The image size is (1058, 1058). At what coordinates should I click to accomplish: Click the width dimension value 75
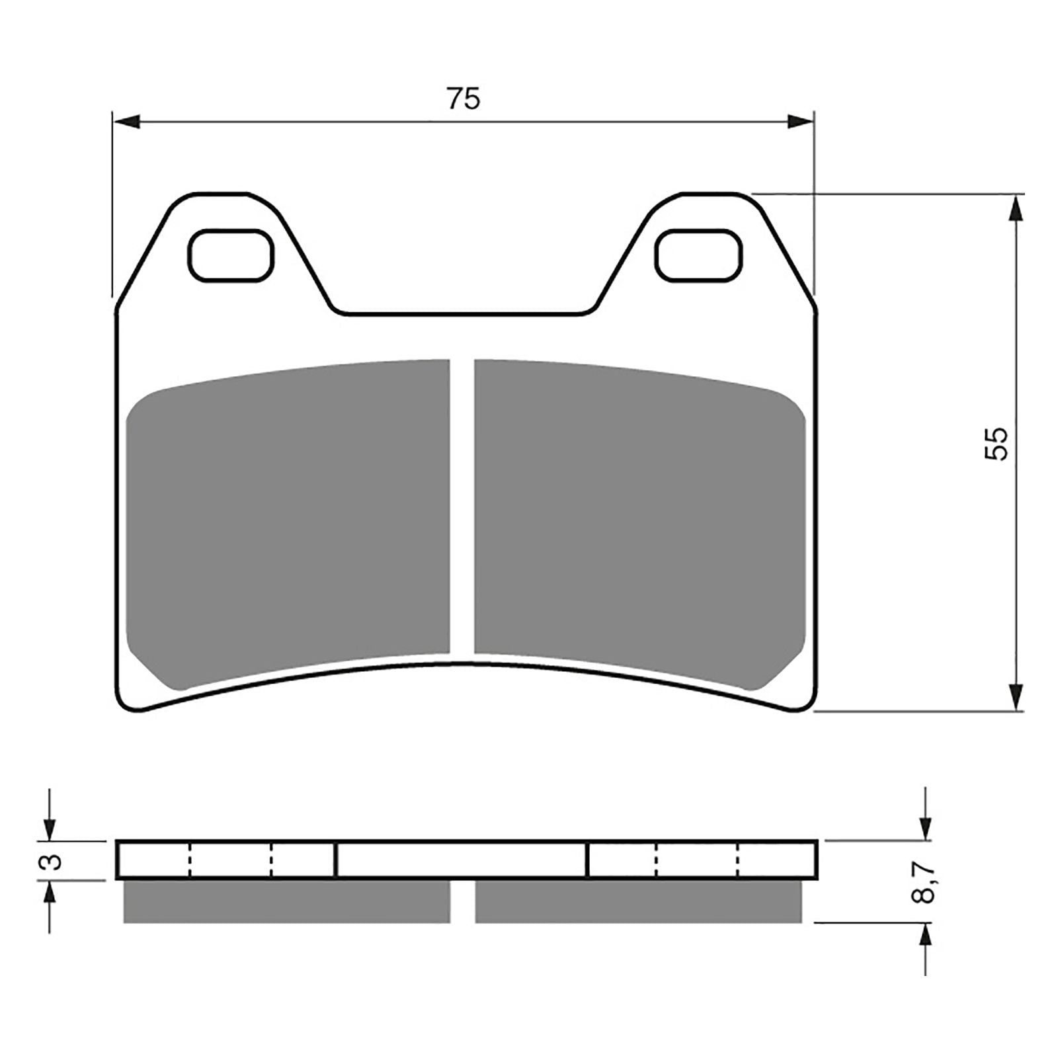pos(464,99)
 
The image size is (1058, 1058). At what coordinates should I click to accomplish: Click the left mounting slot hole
pos(230,255)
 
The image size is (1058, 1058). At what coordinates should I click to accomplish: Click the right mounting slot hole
pos(698,255)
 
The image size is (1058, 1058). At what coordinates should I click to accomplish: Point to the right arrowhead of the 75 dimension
pos(800,121)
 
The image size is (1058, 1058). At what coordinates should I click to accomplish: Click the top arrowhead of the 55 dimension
pos(1016,208)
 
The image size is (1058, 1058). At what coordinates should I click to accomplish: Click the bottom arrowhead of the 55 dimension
pos(1016,698)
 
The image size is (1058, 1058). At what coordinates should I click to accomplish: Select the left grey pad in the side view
pos(286,901)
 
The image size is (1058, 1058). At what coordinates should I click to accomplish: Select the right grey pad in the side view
pos(638,901)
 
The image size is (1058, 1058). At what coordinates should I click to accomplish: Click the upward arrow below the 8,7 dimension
pos(926,935)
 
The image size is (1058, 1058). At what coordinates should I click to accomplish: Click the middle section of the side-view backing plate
pos(462,860)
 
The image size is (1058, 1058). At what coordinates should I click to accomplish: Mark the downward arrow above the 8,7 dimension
pos(926,827)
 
